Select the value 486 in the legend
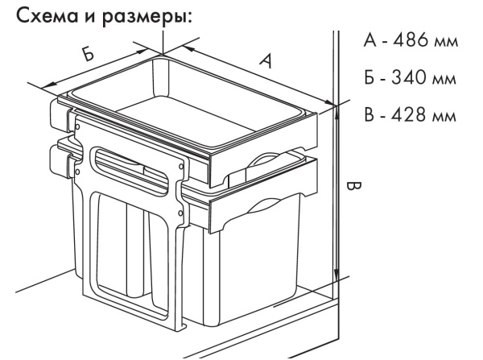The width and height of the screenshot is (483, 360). point(405,41)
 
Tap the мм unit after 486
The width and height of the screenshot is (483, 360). point(445,42)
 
